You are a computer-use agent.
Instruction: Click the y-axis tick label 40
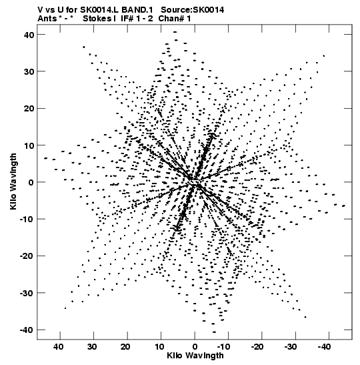[x=29, y=35]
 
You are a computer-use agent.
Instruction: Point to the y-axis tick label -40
[x=27, y=330]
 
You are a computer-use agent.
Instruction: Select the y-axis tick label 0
[x=31, y=182]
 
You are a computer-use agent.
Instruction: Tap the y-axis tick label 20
[x=29, y=109]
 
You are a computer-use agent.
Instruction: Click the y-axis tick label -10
[x=27, y=220]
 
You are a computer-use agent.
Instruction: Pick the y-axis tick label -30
[x=27, y=293]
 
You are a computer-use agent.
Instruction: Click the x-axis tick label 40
[x=59, y=347]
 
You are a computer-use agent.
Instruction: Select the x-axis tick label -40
[x=324, y=347]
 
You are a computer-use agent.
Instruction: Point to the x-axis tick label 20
[x=125, y=347]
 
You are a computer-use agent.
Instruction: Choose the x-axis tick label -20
[x=257, y=347]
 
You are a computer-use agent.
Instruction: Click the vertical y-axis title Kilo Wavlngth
[x=13, y=181]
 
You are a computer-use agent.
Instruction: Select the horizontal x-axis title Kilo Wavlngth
[x=195, y=356]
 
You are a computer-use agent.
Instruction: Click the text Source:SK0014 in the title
[x=192, y=10]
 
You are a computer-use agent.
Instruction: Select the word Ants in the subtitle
[x=47, y=19]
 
